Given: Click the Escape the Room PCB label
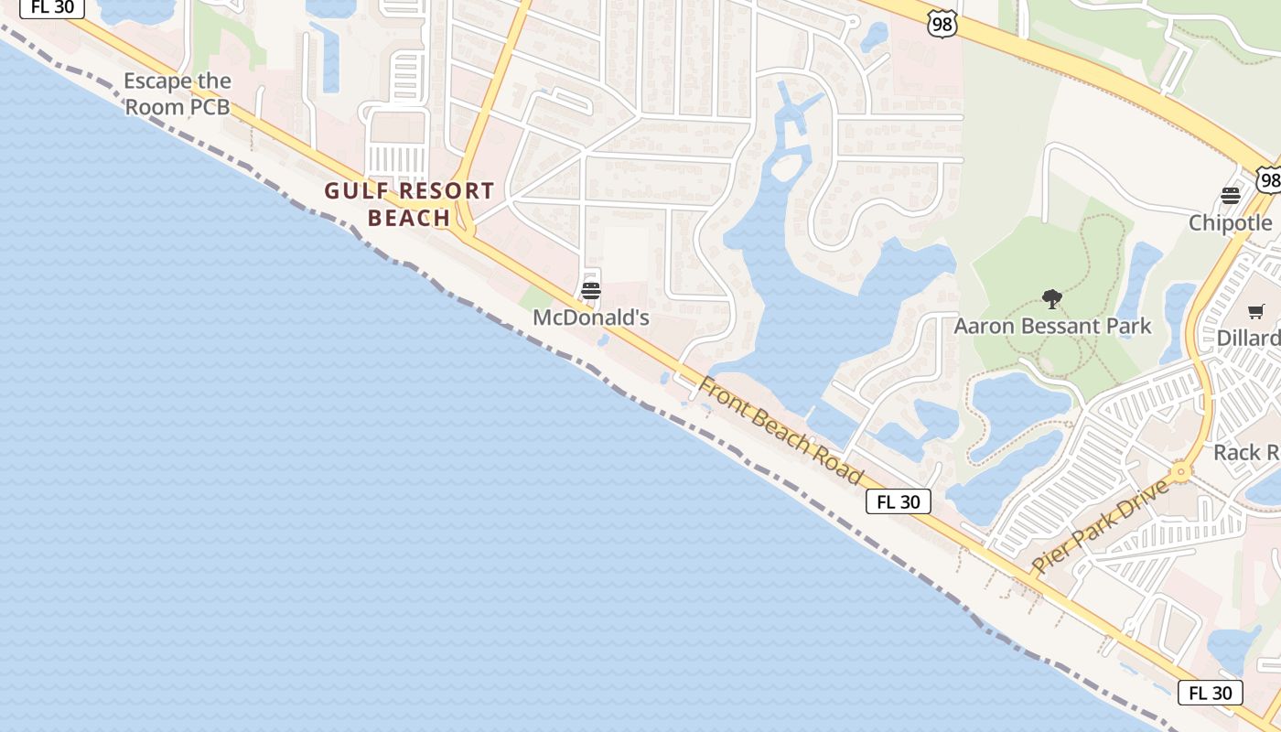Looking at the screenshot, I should click(x=177, y=94).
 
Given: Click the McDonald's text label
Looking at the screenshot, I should click(x=591, y=318).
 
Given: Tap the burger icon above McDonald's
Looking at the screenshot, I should click(x=591, y=292).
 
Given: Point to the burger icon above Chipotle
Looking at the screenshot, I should click(x=1231, y=195).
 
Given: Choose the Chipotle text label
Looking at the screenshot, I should click(x=1230, y=223).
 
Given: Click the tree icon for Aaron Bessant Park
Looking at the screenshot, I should click(x=1052, y=298).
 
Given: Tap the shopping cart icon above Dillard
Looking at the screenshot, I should click(x=1256, y=312).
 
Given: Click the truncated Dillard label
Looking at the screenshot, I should click(x=1248, y=339).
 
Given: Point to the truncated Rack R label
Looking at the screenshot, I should click(x=1246, y=453).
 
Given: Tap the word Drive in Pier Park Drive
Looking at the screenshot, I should click(x=1145, y=501).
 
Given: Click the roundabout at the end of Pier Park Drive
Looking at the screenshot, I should click(x=1180, y=472).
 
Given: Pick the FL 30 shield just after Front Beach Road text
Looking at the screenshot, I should click(x=899, y=501).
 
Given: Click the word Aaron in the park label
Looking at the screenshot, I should click(x=983, y=327).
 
